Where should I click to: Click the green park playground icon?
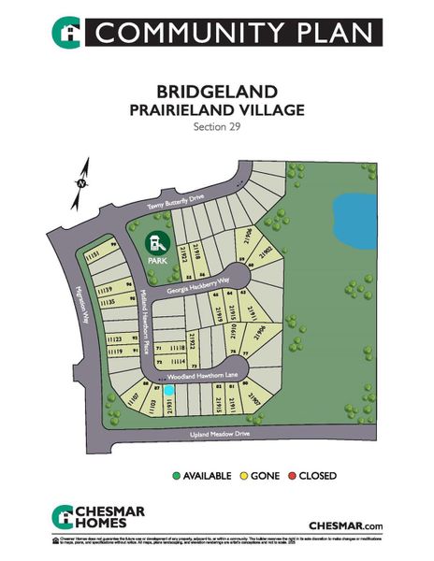pos(152,245)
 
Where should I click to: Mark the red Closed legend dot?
pos(292,475)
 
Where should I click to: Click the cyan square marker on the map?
pos(170,390)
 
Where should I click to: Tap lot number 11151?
pos(93,254)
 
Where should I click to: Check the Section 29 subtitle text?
pos(216,125)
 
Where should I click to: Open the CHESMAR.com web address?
pos(346,525)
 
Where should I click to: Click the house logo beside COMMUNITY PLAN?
pos(66,31)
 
